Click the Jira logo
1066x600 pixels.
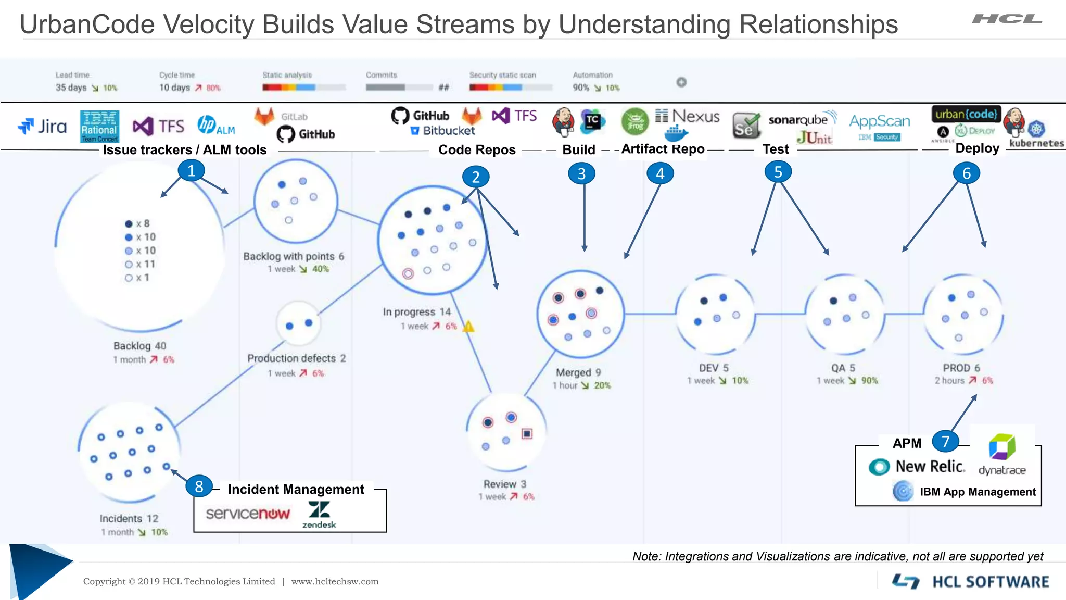coord(43,126)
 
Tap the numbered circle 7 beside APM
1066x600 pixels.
coord(945,441)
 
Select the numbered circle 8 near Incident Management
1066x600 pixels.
coord(199,486)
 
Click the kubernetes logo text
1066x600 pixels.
coord(1036,143)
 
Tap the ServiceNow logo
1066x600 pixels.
coord(248,514)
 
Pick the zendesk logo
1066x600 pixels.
coord(319,514)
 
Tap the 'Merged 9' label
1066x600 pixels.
coord(578,372)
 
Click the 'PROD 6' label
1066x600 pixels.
coord(961,368)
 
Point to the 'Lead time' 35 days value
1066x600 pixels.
coord(71,87)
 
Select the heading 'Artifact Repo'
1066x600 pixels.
coord(663,149)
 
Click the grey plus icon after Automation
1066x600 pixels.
coord(681,82)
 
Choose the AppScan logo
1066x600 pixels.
coord(880,122)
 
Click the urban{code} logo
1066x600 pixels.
coord(966,114)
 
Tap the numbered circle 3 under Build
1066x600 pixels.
coord(581,173)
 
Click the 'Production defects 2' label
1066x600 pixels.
coord(296,358)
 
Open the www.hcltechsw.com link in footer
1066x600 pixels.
coord(335,581)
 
